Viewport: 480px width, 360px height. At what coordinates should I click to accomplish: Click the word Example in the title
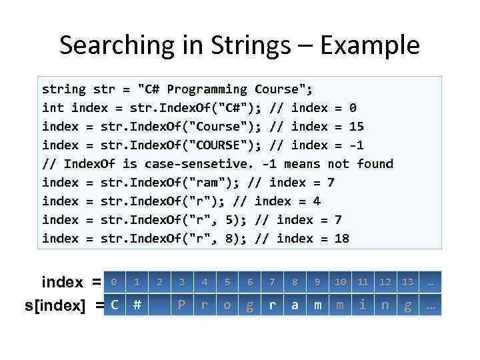pyautogui.click(x=370, y=45)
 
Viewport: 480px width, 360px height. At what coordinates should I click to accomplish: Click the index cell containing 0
pyautogui.click(x=115, y=282)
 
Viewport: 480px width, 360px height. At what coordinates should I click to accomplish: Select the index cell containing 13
pyautogui.click(x=407, y=282)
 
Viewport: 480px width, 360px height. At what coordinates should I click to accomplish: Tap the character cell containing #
pyautogui.click(x=137, y=305)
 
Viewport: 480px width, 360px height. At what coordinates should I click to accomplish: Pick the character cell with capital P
pyautogui.click(x=181, y=305)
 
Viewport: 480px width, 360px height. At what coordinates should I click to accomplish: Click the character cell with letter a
pyautogui.click(x=295, y=305)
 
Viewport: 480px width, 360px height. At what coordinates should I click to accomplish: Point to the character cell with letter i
pyautogui.click(x=363, y=305)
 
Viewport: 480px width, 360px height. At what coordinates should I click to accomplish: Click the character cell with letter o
pyautogui.click(x=227, y=305)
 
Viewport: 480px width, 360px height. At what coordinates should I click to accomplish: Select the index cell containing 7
pyautogui.click(x=272, y=282)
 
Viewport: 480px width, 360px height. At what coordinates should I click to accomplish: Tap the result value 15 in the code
pyautogui.click(x=357, y=126)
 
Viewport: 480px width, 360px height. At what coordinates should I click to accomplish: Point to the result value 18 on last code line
pyautogui.click(x=341, y=238)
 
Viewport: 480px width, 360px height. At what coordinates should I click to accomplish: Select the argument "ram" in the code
pyautogui.click(x=201, y=182)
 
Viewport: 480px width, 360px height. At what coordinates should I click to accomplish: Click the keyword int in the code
pyautogui.click(x=53, y=107)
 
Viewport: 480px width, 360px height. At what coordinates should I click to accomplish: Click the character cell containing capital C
pyautogui.click(x=115, y=305)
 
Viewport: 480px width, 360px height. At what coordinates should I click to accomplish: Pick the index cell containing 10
pyautogui.click(x=340, y=282)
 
